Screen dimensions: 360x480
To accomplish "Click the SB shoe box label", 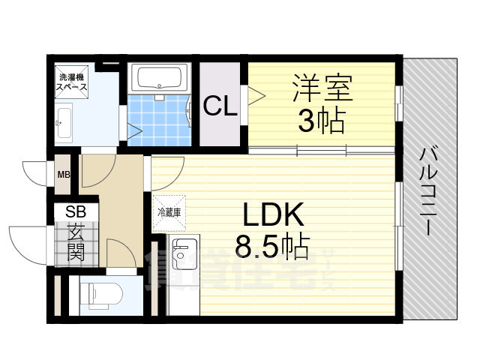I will coord(75,212).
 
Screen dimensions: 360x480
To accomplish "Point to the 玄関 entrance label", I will coord(75,242).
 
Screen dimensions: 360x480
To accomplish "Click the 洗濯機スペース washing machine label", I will coord(73,82).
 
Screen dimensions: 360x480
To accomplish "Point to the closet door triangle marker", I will coord(256,94).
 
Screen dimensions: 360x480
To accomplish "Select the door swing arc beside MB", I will coord(36,175).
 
